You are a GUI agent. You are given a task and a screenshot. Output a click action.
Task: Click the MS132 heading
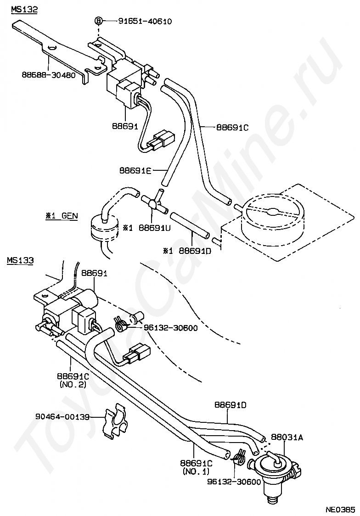coord(24,9)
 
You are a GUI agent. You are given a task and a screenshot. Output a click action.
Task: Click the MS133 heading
coord(20,260)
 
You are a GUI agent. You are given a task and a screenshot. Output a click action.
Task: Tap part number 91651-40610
coord(145,22)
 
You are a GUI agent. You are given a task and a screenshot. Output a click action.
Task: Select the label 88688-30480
coord(48,75)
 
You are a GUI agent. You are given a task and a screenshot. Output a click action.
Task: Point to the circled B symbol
coord(98,21)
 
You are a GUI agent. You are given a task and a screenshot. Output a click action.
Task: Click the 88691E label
coord(135,170)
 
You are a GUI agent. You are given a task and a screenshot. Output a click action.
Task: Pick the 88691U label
coord(154,227)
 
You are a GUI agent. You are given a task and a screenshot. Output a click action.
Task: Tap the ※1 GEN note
coord(61,216)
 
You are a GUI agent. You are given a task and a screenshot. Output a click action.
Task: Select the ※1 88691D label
coord(186,251)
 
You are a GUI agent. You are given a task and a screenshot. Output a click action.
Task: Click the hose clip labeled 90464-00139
coord(113,425)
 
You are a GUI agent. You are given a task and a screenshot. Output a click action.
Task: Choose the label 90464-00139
coord(62,417)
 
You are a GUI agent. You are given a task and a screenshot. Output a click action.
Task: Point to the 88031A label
coord(287,437)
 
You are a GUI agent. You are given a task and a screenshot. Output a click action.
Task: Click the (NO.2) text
coord(73,384)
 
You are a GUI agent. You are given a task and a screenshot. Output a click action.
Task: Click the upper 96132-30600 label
coord(170,328)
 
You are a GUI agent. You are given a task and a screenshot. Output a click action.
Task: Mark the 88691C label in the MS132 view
coord(232,127)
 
